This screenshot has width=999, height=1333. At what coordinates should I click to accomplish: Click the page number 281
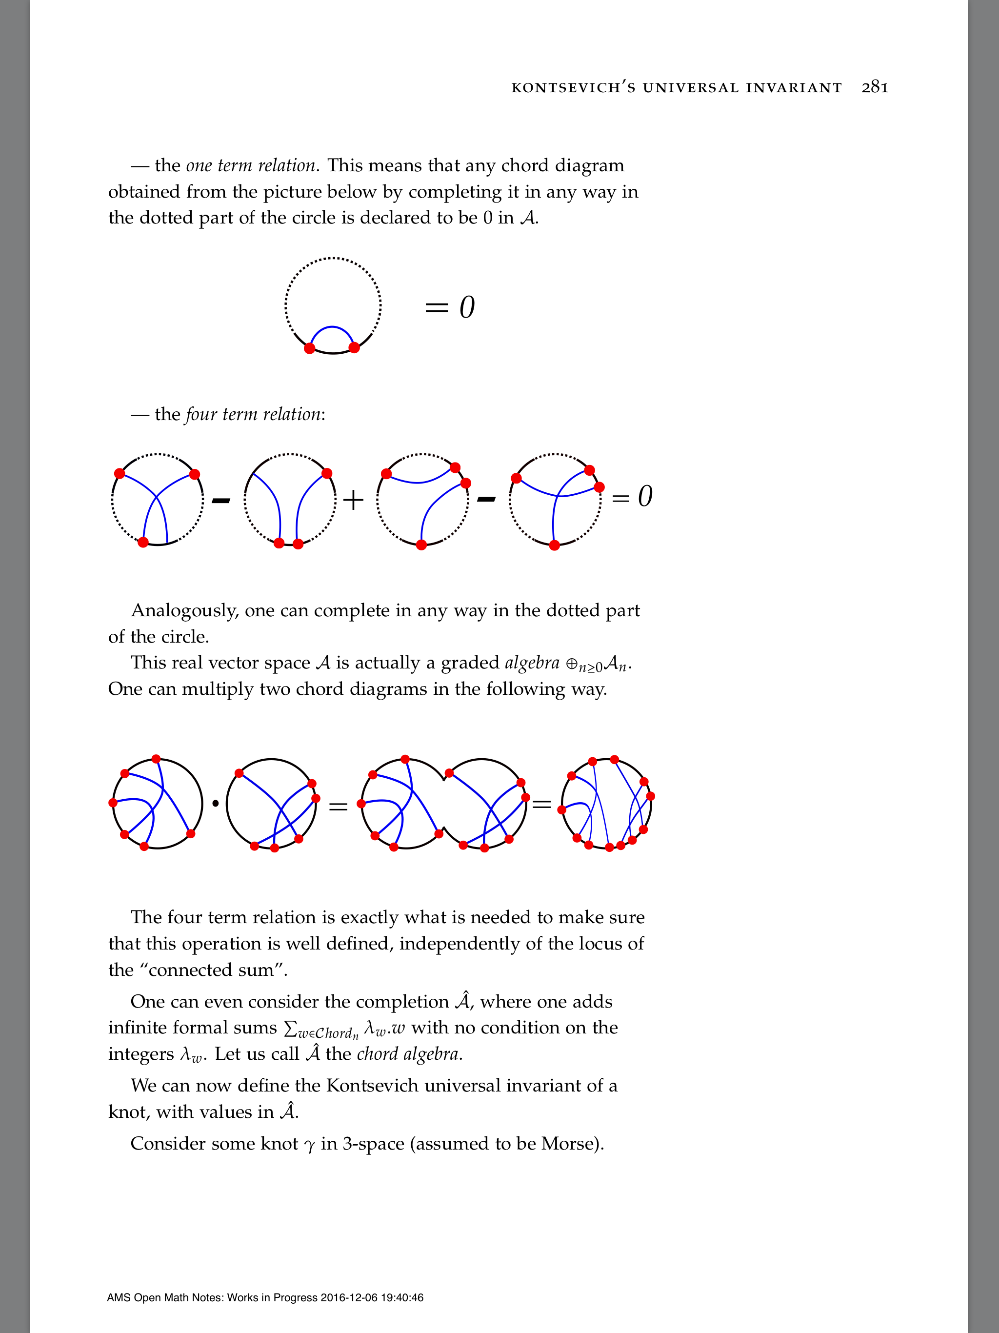[x=875, y=87]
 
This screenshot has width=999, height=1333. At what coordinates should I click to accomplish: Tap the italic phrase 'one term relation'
[x=251, y=166]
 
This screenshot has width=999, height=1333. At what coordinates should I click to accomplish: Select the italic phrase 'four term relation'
[x=253, y=415]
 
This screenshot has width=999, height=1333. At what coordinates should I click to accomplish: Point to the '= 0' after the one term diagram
[x=449, y=307]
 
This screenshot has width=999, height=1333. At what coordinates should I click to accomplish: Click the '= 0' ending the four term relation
[x=632, y=497]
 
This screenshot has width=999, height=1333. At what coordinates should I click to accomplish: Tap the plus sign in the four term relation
[x=353, y=500]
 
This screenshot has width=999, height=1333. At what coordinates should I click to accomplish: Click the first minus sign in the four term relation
[x=221, y=500]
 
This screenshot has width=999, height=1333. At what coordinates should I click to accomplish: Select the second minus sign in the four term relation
[x=486, y=499]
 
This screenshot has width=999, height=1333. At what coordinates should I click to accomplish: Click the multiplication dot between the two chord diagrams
[x=215, y=803]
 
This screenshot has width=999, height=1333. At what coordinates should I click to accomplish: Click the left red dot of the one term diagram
[x=310, y=348]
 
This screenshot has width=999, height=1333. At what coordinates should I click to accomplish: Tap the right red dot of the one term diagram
[x=354, y=348]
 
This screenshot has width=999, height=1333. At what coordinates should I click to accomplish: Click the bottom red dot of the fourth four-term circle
[x=554, y=545]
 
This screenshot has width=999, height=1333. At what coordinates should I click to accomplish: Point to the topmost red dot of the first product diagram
[x=156, y=759]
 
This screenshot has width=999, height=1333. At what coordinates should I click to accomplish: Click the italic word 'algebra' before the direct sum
[x=532, y=663]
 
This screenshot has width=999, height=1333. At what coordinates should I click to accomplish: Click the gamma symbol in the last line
[x=310, y=1146]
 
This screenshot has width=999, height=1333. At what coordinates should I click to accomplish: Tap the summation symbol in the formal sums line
[x=290, y=1029]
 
